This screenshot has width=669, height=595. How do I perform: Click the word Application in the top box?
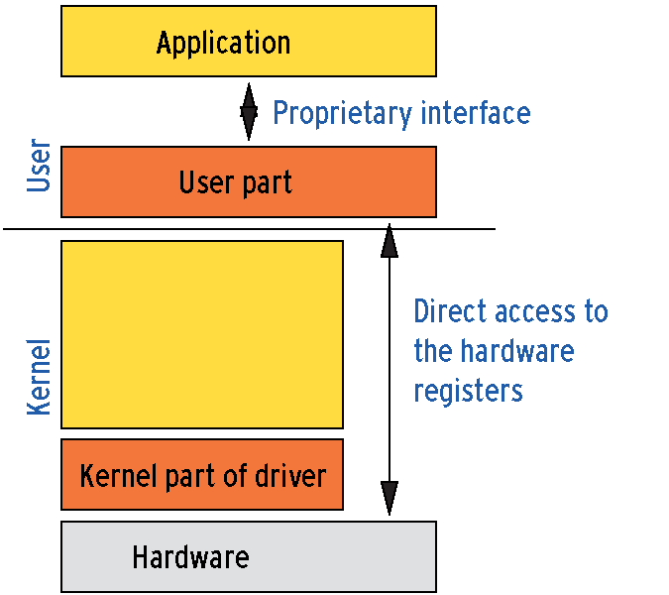pyautogui.click(x=223, y=44)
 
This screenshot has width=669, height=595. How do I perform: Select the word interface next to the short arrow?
pyautogui.click(x=476, y=112)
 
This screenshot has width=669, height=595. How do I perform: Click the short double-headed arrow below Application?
pyautogui.click(x=249, y=112)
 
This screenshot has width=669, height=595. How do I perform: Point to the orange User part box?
pyautogui.click(x=249, y=181)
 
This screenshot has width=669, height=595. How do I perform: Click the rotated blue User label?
pyautogui.click(x=39, y=166)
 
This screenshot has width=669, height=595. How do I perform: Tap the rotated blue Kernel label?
pyautogui.click(x=39, y=377)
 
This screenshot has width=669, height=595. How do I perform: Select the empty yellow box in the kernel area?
pyautogui.click(x=202, y=334)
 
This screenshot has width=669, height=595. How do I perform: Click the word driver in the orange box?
pyautogui.click(x=290, y=475)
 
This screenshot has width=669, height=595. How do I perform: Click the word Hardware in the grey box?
pyautogui.click(x=190, y=557)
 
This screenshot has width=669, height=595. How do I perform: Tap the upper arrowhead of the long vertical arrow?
pyautogui.click(x=390, y=240)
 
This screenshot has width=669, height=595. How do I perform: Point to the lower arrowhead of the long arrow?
pyautogui.click(x=390, y=498)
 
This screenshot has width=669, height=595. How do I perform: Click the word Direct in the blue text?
pyautogui.click(x=451, y=310)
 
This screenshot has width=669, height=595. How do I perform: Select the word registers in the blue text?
pyautogui.click(x=469, y=391)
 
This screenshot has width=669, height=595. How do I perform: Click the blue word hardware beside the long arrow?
pyautogui.click(x=517, y=350)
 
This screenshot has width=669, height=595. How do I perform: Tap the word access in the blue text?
pyautogui.click(x=535, y=312)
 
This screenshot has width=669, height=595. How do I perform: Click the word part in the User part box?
pyautogui.click(x=267, y=183)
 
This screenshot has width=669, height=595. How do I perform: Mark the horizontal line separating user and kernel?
pyautogui.click(x=249, y=229)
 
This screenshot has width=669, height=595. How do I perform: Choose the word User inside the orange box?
pyautogui.click(x=206, y=182)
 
